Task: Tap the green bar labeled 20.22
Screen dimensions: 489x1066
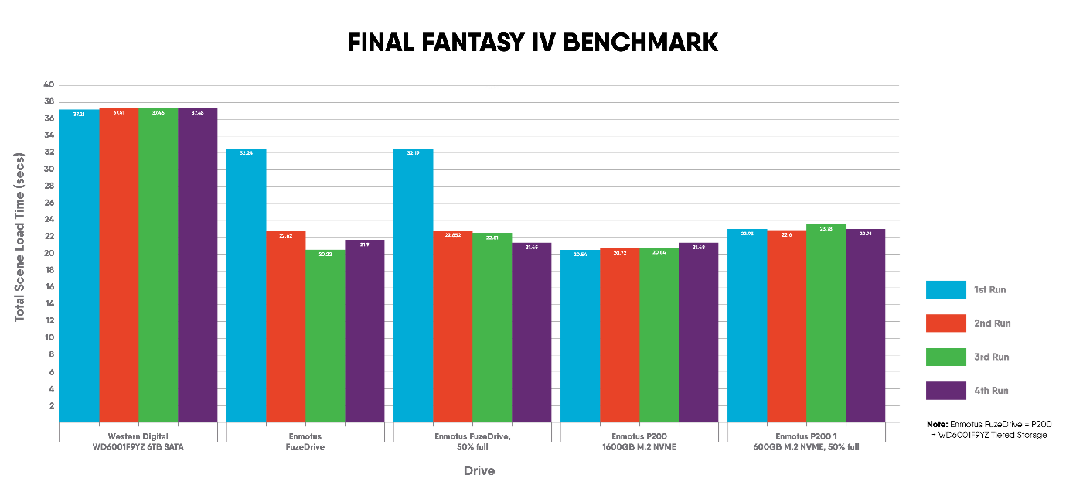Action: [x=325, y=336]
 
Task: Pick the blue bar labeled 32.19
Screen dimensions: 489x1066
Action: [x=414, y=286]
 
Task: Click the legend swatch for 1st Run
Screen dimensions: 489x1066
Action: [x=946, y=289]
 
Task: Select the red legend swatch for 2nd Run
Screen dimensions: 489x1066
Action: [x=946, y=323]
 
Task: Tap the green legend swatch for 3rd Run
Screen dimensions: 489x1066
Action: [x=946, y=357]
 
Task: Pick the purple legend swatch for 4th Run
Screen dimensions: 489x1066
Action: [x=946, y=391]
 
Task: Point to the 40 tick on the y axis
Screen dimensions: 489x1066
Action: [x=49, y=85]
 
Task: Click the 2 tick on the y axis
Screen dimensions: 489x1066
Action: [x=52, y=405]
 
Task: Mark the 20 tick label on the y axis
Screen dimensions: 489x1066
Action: [x=49, y=254]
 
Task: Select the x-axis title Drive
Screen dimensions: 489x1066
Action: [x=479, y=470]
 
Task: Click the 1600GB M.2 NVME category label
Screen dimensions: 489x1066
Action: [x=639, y=446]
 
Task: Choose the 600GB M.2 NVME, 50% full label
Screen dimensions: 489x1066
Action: [x=806, y=446]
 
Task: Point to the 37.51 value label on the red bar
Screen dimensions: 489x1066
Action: [x=119, y=113]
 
